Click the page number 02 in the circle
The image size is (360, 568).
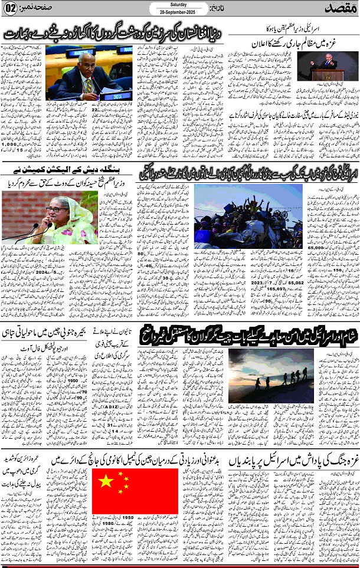[11, 10]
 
